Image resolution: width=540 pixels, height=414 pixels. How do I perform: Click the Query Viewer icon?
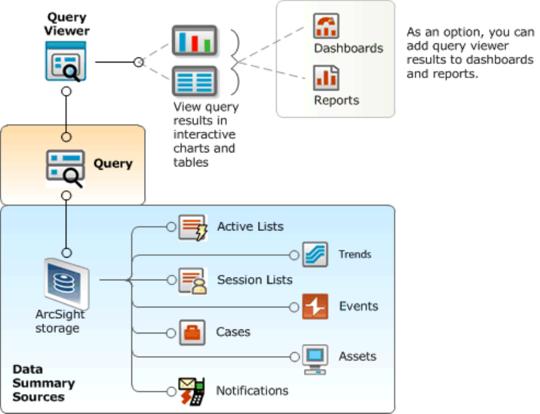(65, 61)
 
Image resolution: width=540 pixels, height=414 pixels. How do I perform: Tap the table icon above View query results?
(194, 82)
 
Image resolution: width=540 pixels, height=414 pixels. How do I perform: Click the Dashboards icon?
(327, 26)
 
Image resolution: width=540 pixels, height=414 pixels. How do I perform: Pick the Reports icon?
(327, 78)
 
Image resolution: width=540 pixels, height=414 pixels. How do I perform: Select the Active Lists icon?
(193, 227)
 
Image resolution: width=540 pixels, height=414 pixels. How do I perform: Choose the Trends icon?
(315, 254)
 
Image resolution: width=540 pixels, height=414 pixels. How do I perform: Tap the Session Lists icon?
(193, 281)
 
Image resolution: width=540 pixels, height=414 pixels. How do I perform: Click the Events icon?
(315, 307)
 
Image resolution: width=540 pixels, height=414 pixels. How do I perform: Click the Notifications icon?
(191, 391)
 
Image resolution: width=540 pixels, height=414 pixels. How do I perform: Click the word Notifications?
(252, 391)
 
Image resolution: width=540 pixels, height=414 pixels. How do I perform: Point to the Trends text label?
(355, 254)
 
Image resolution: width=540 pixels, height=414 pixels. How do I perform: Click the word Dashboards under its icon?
(349, 48)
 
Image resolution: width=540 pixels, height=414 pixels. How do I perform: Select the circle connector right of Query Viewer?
(138, 62)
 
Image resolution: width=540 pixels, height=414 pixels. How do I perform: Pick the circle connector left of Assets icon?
(295, 357)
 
